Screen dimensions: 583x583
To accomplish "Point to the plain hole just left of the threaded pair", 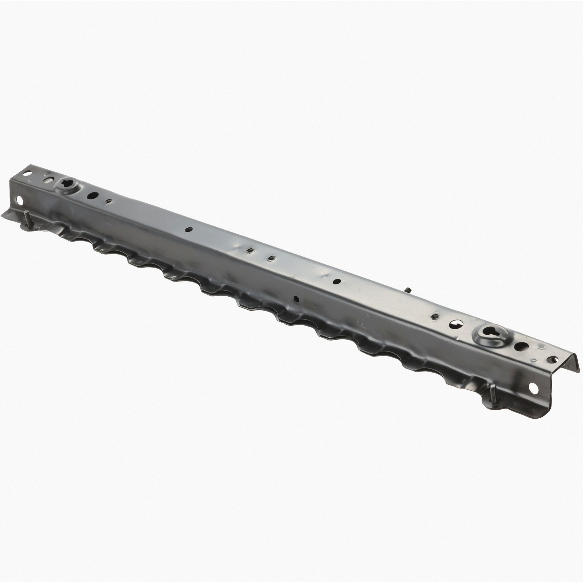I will [x=189, y=229].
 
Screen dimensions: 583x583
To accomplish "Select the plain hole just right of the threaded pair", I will [x=336, y=281].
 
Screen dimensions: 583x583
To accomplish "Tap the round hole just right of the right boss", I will [x=520, y=347].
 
